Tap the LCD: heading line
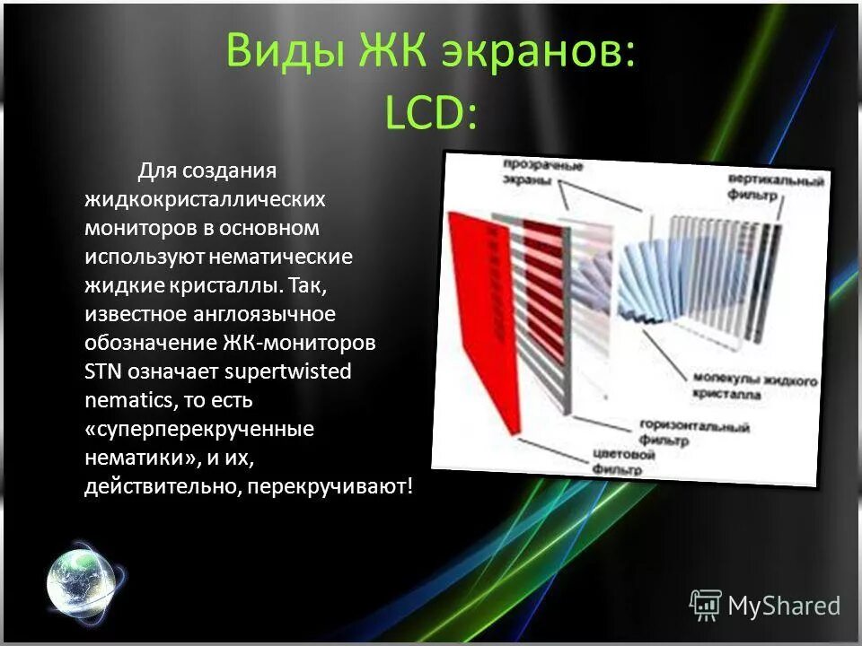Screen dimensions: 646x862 coord(430,114)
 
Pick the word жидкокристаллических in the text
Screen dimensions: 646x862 coord(205,198)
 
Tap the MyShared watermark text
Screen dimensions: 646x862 coord(783,606)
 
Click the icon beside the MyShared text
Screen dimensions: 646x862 coord(706,606)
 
